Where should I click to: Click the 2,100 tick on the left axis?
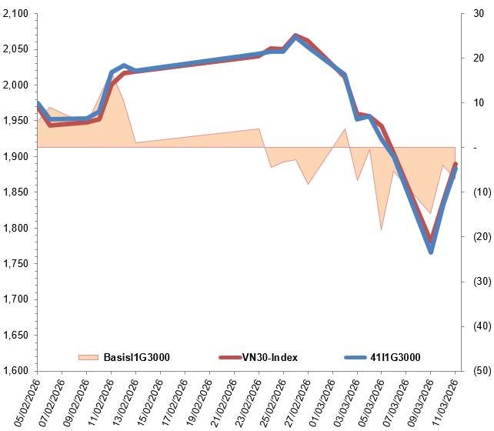[15, 14]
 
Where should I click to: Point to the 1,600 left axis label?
[15, 371]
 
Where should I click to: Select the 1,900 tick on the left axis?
[15, 157]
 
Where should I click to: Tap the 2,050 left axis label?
[15, 49]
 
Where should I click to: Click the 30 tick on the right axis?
[477, 14]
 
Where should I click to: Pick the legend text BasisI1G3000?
[137, 357]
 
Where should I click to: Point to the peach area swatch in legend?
[88, 357]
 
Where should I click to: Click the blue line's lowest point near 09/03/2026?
[431, 252]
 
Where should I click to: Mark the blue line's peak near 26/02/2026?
[296, 37]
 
